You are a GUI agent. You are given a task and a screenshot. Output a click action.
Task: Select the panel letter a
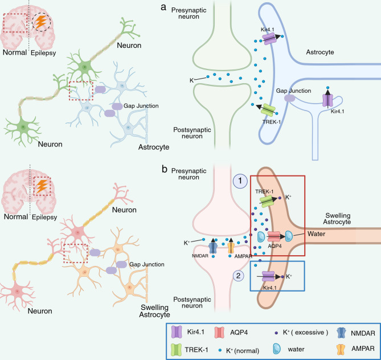[179, 8]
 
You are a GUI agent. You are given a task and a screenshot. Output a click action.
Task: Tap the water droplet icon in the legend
[296, 347]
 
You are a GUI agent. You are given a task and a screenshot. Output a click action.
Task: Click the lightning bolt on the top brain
[42, 23]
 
